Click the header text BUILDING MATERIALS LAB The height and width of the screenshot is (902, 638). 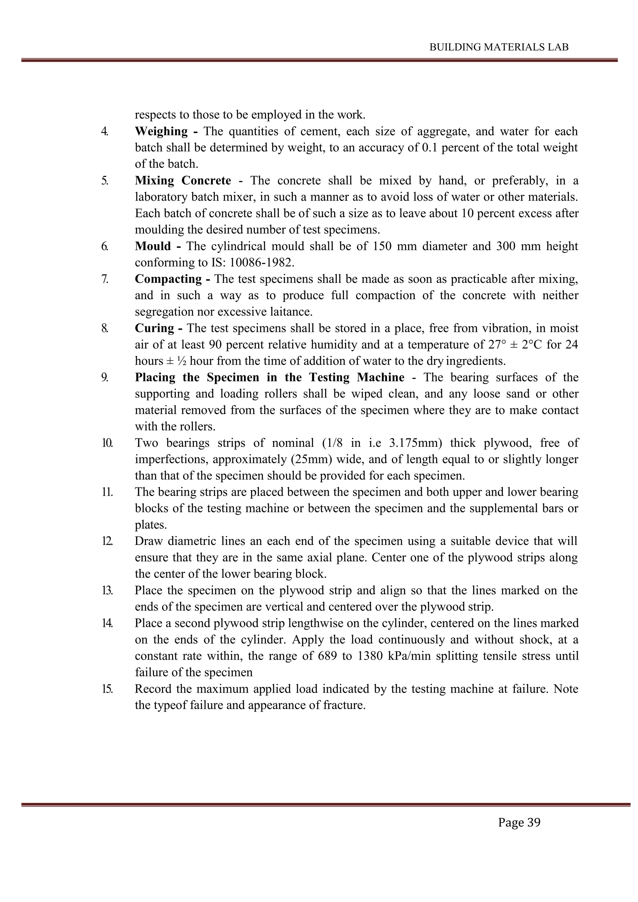(x=499, y=47)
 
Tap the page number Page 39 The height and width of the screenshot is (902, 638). (x=519, y=822)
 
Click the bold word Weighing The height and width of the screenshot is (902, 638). (x=161, y=131)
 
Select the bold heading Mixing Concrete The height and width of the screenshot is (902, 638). (x=183, y=180)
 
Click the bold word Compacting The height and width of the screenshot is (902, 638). (x=168, y=279)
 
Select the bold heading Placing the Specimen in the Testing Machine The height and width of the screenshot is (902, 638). (x=269, y=377)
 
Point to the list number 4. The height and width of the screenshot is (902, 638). (x=104, y=131)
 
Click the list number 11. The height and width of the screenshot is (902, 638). (x=107, y=492)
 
